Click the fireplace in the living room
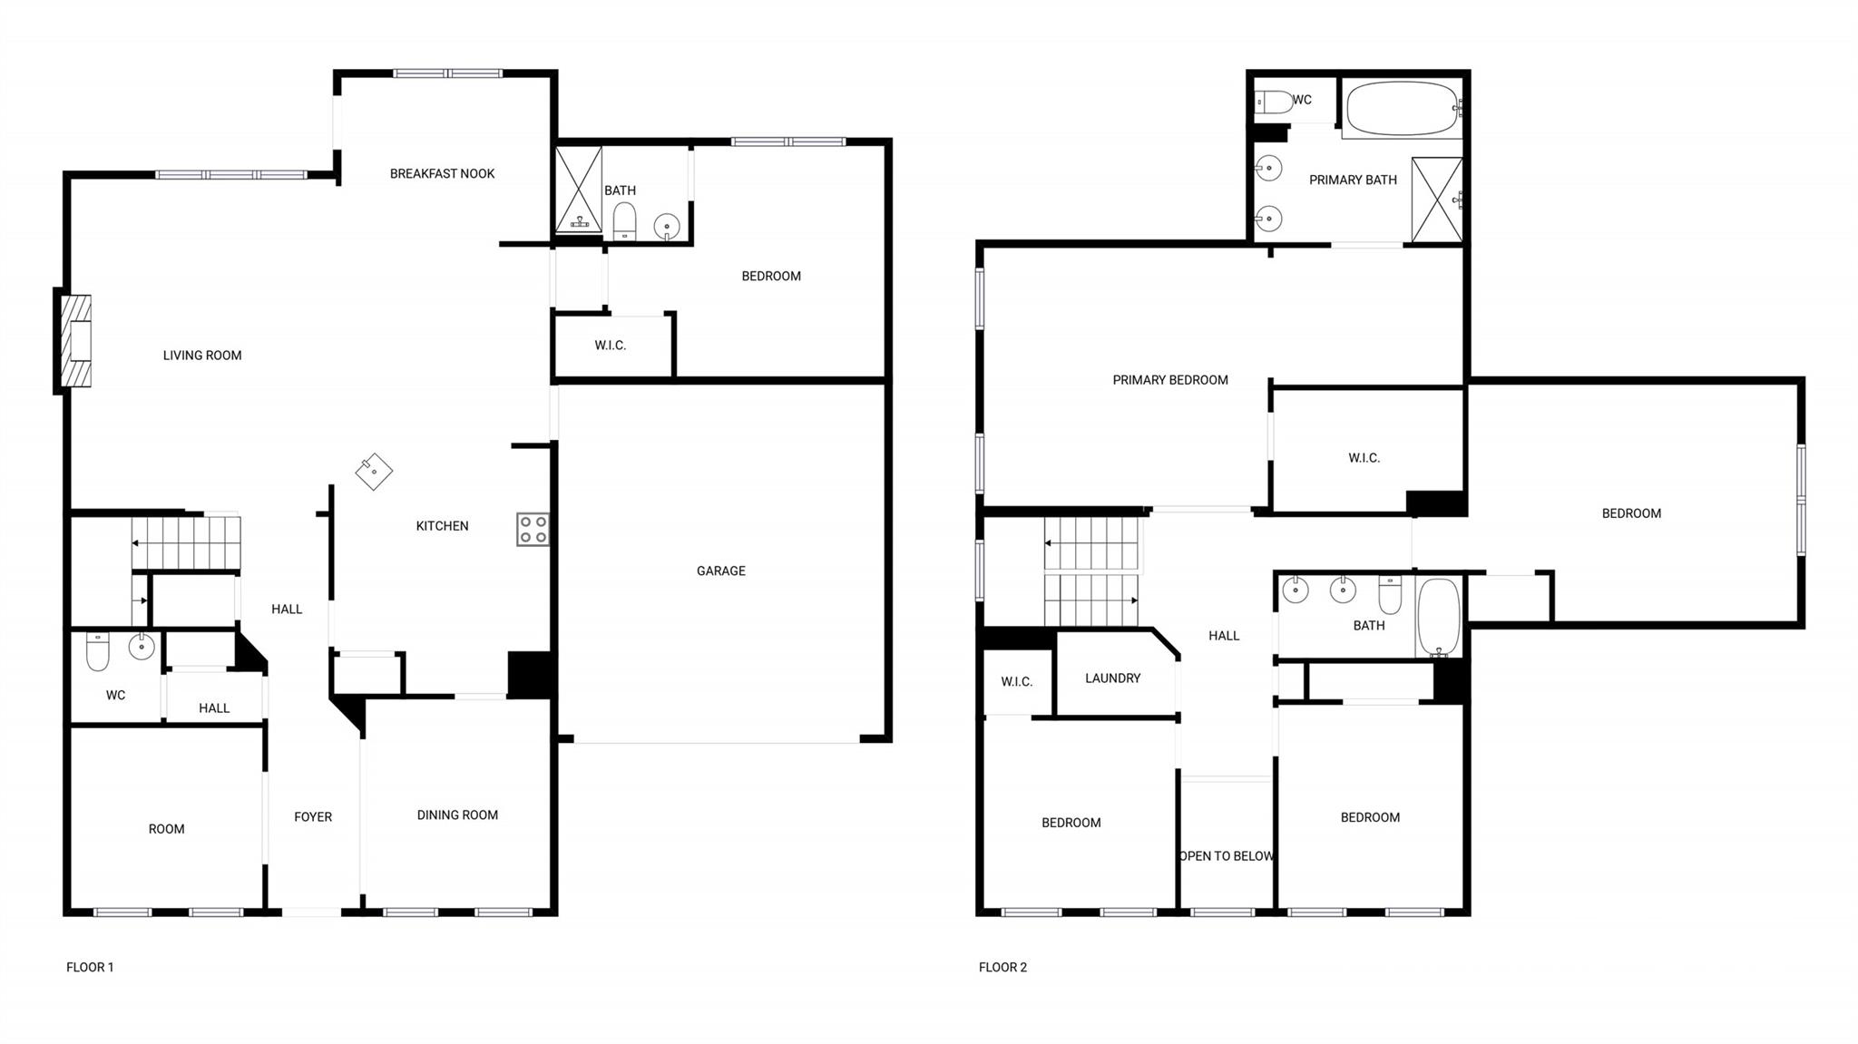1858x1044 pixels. tap(76, 341)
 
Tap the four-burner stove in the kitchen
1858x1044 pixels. tap(533, 530)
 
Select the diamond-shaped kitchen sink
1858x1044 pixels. tap(373, 472)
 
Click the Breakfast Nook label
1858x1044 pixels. tap(442, 173)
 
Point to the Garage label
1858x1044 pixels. tap(720, 571)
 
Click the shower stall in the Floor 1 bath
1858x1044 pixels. tap(578, 190)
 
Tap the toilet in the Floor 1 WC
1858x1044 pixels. tap(98, 650)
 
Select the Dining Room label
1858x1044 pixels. tap(457, 815)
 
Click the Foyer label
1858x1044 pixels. tap(313, 816)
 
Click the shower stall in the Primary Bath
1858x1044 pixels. tap(1436, 200)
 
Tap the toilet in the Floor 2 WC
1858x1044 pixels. tap(1274, 102)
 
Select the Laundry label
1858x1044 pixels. tap(1112, 678)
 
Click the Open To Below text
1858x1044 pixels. tap(1226, 855)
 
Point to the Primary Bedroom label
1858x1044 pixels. tap(1169, 380)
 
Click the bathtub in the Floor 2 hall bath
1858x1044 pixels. tap(1438, 617)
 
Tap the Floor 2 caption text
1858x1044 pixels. tap(1002, 967)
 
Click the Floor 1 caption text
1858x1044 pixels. tap(90, 967)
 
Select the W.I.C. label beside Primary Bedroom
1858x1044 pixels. tap(1364, 458)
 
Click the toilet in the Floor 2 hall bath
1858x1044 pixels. tap(1390, 595)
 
